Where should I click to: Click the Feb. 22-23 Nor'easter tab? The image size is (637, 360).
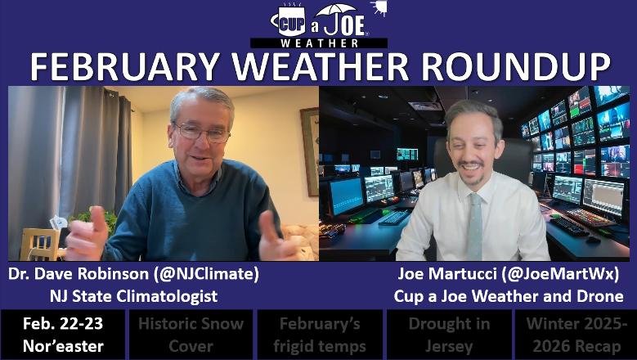[63, 334]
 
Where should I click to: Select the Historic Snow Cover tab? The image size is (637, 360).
[191, 334]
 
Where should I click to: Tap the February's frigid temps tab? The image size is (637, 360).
[319, 334]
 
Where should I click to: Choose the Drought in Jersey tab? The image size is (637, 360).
[448, 334]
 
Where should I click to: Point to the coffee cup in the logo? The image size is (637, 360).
[289, 18]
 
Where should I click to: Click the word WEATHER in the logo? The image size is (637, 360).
[319, 42]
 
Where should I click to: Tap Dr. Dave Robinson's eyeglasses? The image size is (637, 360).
[201, 132]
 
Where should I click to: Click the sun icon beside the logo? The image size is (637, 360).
[377, 8]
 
